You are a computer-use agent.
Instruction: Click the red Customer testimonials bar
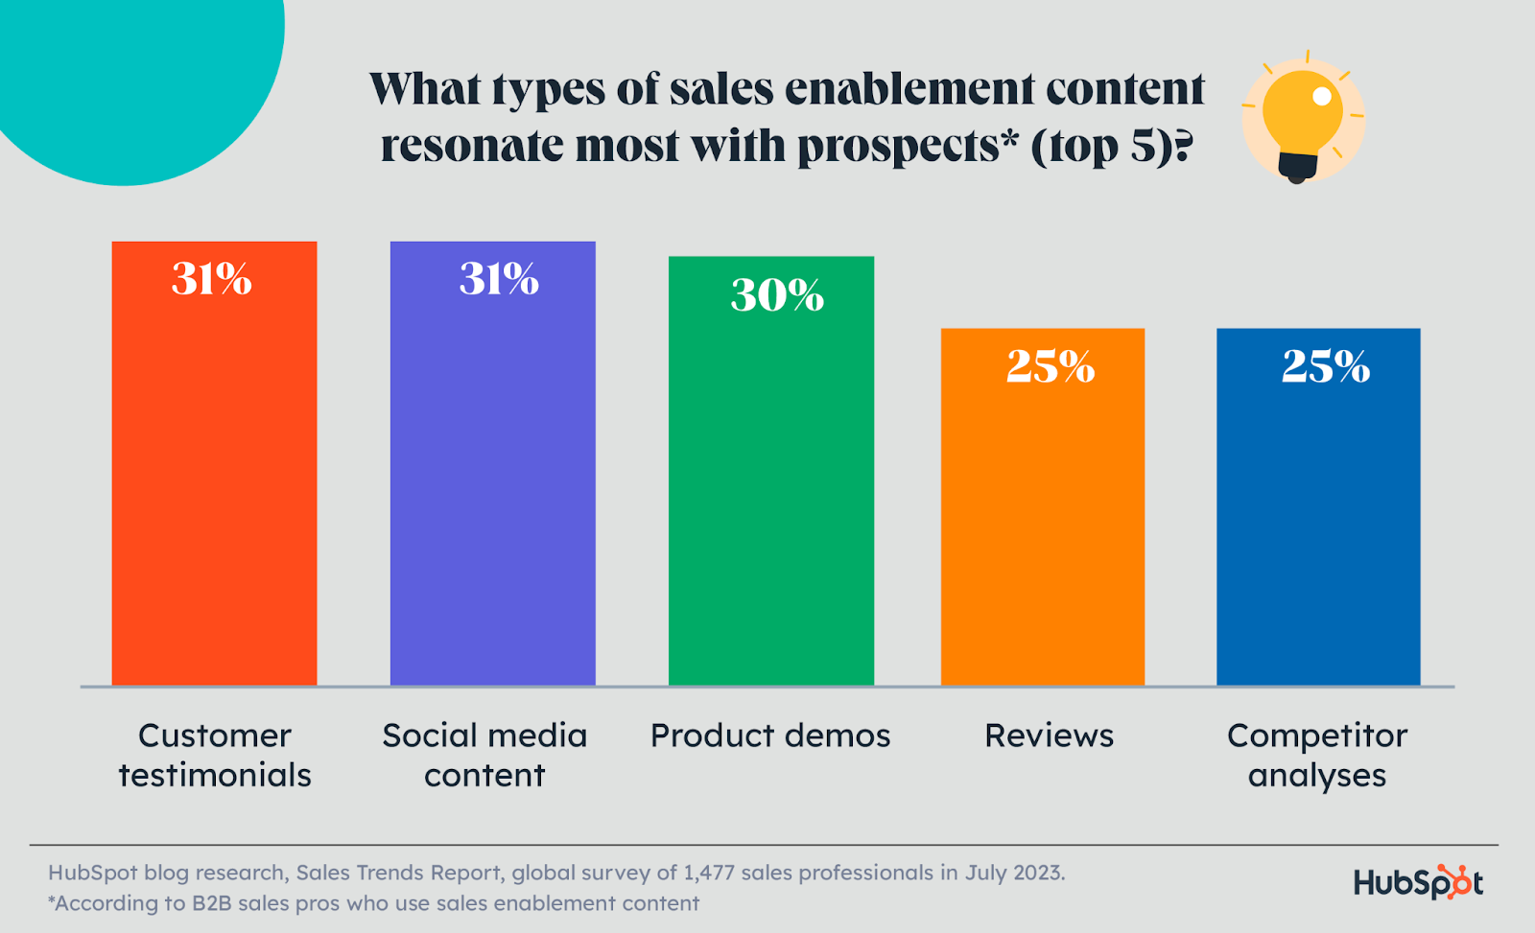click(214, 479)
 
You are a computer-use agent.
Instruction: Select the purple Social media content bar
click(492, 479)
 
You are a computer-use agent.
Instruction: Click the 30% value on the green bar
click(777, 294)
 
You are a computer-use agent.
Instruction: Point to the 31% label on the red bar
click(211, 279)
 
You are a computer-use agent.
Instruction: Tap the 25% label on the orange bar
click(1051, 366)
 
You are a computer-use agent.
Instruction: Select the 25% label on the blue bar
click(1326, 366)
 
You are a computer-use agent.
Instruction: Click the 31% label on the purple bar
click(499, 279)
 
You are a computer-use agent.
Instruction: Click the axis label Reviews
click(1049, 735)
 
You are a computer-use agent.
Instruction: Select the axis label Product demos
click(770, 735)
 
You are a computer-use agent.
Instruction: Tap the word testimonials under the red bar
click(215, 775)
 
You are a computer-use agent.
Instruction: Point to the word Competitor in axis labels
click(1316, 735)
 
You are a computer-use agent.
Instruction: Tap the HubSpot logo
click(1418, 882)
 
